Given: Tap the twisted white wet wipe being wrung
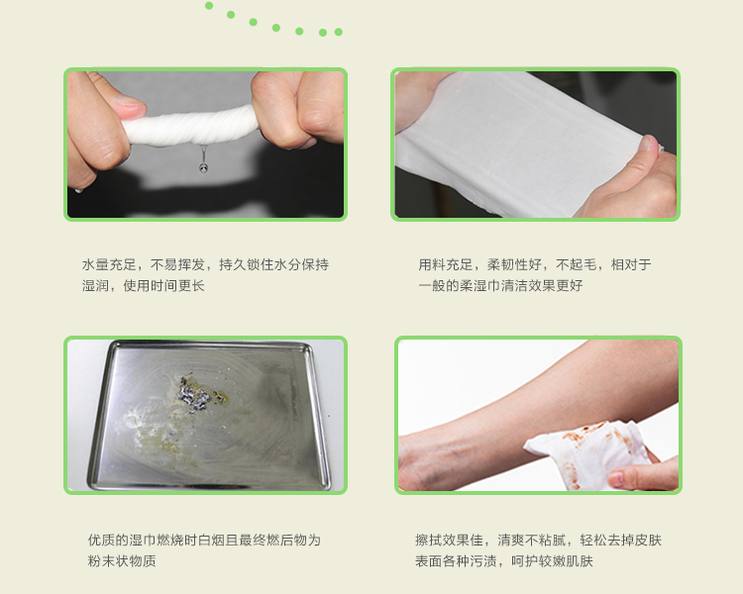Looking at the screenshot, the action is click(189, 127).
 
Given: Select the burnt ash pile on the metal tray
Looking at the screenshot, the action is click(195, 395).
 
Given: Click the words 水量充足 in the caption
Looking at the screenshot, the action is click(109, 264).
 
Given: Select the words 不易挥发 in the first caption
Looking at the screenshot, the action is click(177, 264).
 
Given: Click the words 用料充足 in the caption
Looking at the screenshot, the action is click(445, 264).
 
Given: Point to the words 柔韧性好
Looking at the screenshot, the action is click(514, 264).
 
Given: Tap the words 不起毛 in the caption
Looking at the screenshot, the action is click(577, 264).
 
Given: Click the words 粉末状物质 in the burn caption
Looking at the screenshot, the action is click(122, 561).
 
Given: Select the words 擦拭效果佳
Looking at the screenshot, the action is click(449, 540).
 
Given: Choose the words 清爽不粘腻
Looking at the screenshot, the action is click(532, 540).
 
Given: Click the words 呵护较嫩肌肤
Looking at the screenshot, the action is click(552, 561).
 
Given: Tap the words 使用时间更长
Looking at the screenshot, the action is click(163, 285).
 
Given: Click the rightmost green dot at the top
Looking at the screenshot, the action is click(339, 32).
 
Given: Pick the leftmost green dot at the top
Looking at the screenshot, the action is click(209, 6).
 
